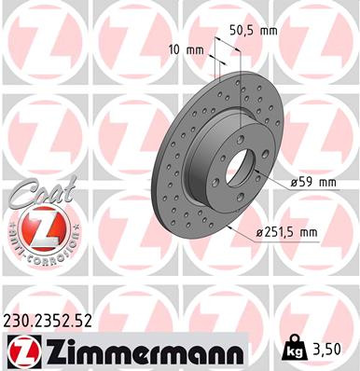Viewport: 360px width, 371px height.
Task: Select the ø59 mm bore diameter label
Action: coord(313,183)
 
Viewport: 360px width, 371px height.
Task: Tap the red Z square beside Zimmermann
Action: coord(20,350)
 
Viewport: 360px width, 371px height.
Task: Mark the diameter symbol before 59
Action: coord(293,183)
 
